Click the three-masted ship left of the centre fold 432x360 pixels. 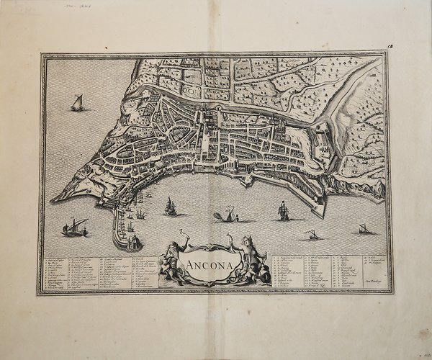[x=171, y=207]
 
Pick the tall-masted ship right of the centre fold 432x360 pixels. [x=283, y=210]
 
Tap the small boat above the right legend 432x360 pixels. [x=312, y=235]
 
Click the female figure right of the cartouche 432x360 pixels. [x=244, y=255]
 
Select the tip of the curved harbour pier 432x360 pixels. [x=127, y=246]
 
